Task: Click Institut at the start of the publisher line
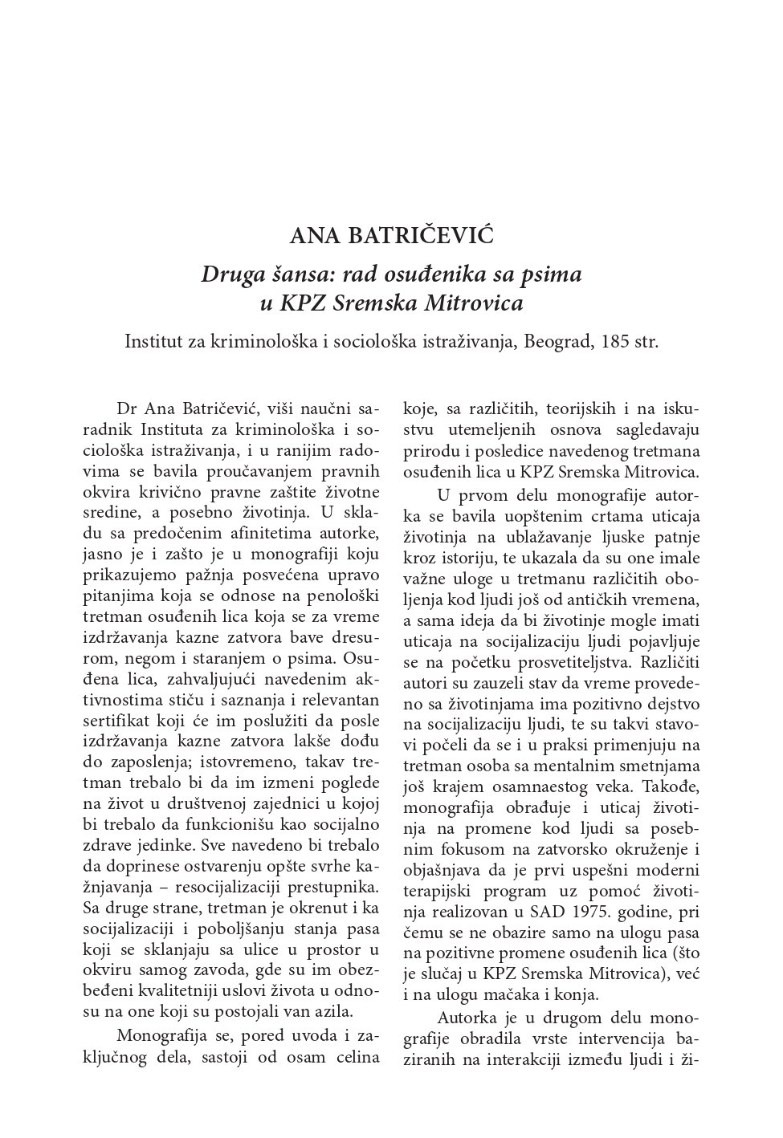point(153,341)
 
